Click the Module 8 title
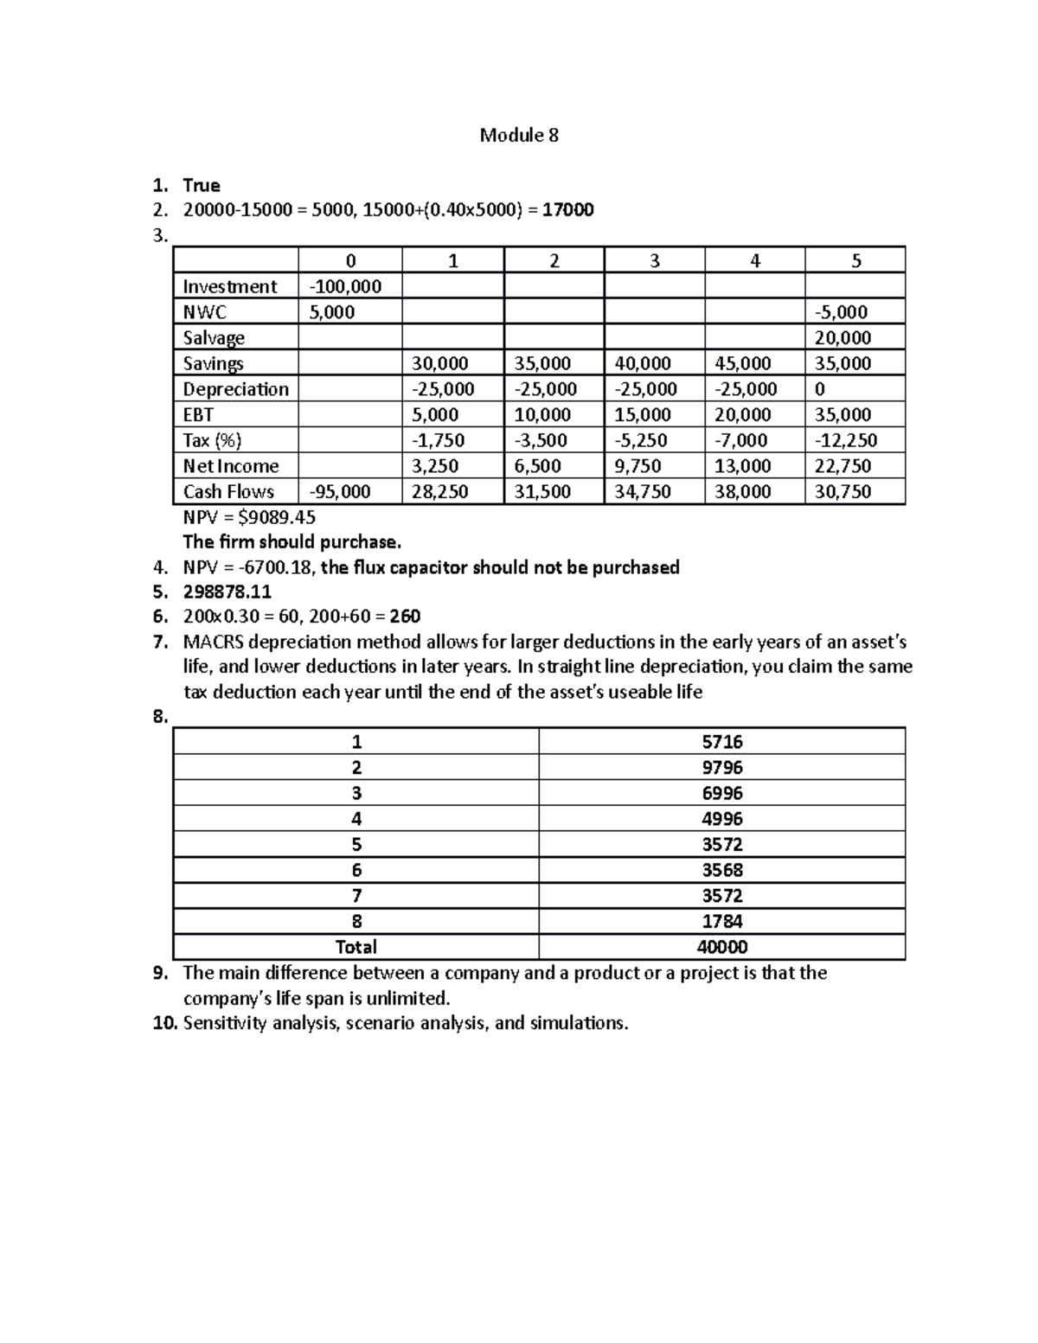pos(519,135)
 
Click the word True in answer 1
pos(202,185)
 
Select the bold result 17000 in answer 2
pos(567,210)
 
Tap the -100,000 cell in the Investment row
pos(346,286)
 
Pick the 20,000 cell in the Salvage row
pos(843,338)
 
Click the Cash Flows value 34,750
pos(643,492)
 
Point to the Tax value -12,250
pos(845,440)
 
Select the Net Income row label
pos(231,466)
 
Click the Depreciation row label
pos(235,389)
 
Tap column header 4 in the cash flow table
pos(755,261)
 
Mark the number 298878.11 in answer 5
pos(227,592)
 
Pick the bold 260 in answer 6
pos(405,617)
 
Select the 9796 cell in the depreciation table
pos(721,768)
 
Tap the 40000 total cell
pos(721,947)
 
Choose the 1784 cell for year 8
pos(721,922)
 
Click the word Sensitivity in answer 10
pos(225,1023)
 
